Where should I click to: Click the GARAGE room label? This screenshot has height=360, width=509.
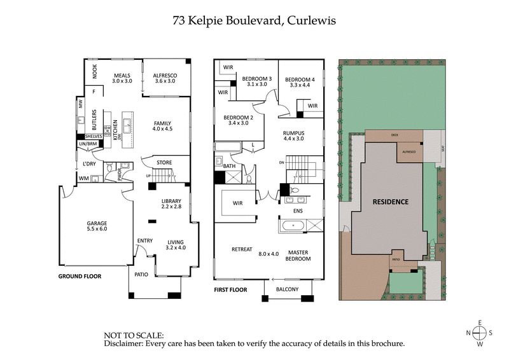(x=97, y=223)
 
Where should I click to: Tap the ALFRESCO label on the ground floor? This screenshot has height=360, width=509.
(x=165, y=75)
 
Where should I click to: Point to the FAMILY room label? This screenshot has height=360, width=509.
(x=162, y=123)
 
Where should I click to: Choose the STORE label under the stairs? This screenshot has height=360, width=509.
(x=164, y=163)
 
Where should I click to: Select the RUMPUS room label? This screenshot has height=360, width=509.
(x=294, y=133)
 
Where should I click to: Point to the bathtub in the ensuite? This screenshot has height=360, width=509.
(x=293, y=225)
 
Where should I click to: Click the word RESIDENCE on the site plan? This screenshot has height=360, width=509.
(x=390, y=201)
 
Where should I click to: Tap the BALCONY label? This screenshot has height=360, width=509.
(x=288, y=290)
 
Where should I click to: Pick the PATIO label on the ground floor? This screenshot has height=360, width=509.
(x=141, y=275)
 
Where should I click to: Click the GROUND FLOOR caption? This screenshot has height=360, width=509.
(x=80, y=277)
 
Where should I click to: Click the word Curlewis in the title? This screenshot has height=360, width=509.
(x=312, y=20)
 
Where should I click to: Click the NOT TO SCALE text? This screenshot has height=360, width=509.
(x=134, y=335)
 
